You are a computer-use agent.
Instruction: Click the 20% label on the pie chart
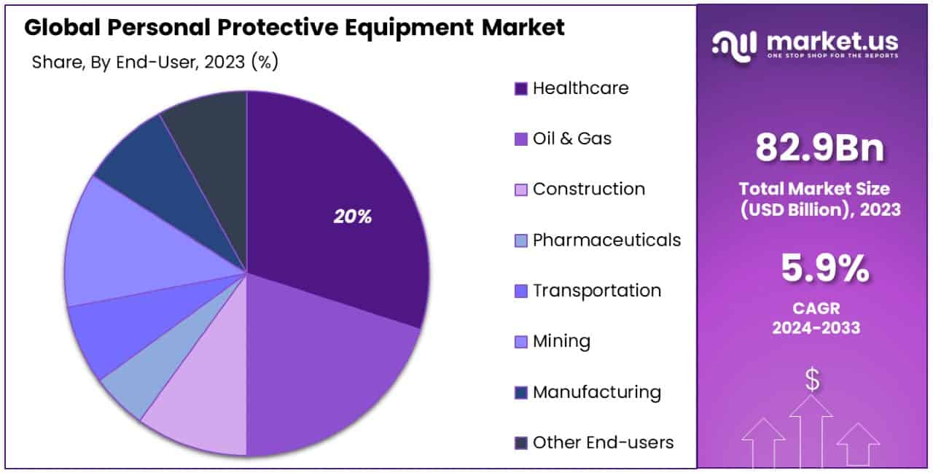point(353,216)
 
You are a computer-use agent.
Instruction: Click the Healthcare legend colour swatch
point(520,89)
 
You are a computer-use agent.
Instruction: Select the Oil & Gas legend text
point(572,138)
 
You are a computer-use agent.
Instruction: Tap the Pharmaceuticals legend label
point(606,240)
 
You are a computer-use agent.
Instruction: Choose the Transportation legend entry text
point(597,290)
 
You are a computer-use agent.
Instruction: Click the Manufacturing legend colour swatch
point(520,393)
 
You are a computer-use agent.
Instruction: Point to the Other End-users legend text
point(603,442)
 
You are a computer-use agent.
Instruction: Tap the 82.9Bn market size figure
point(819,148)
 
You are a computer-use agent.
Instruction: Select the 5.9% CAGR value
point(824,270)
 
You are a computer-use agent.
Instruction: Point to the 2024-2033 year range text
point(816,328)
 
